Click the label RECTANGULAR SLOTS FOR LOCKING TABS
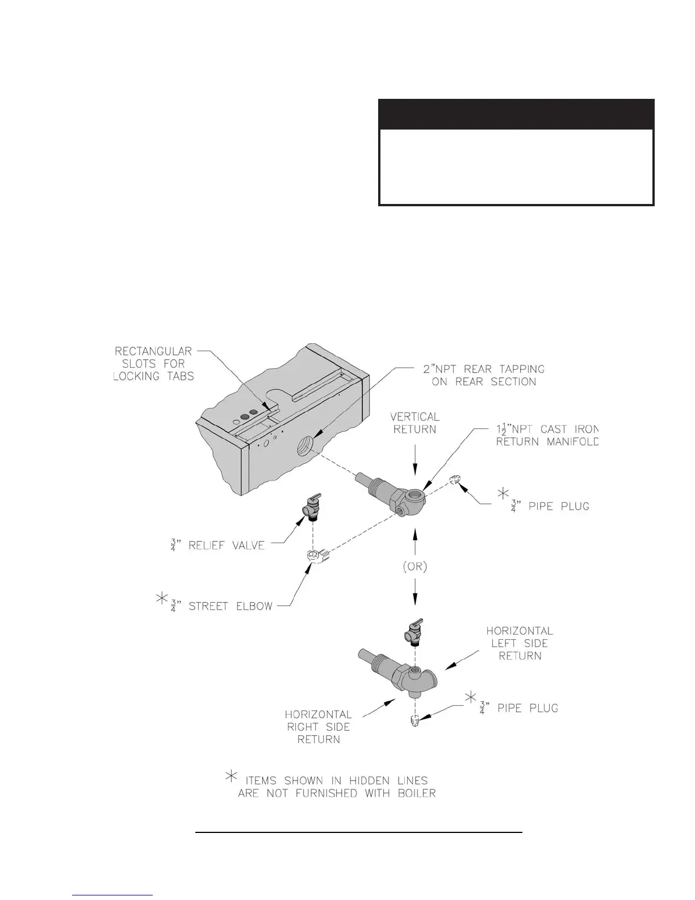click(x=154, y=364)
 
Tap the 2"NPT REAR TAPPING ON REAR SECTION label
click(x=484, y=376)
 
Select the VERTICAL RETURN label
click(x=415, y=423)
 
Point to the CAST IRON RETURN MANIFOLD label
click(x=547, y=435)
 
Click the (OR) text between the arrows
click(x=416, y=567)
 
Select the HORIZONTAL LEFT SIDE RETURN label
click(x=520, y=643)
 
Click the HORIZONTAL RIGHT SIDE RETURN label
click(x=319, y=727)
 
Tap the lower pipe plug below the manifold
click(x=415, y=722)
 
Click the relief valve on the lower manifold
click(x=414, y=631)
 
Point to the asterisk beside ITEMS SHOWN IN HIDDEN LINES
click(x=232, y=777)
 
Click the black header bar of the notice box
click(x=516, y=114)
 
